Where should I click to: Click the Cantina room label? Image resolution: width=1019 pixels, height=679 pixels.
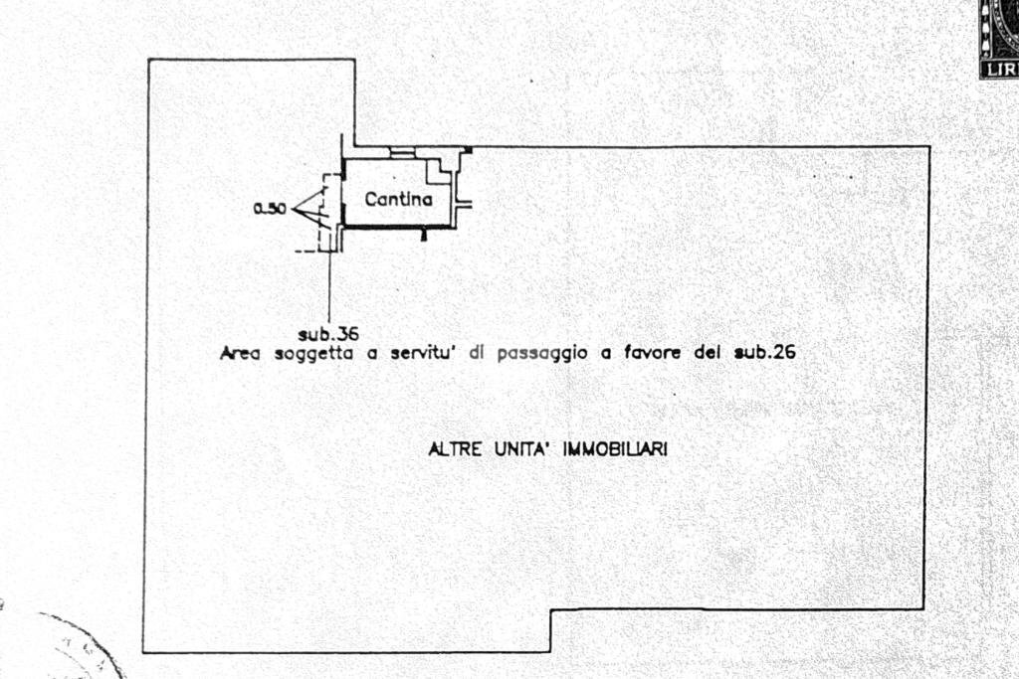(x=398, y=199)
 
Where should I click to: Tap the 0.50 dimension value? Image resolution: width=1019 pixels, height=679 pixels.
(x=270, y=209)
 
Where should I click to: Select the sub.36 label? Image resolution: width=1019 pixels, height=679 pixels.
(x=328, y=334)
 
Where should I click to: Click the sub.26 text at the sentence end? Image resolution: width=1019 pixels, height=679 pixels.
(x=765, y=353)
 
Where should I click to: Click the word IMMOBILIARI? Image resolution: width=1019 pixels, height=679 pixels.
(x=615, y=448)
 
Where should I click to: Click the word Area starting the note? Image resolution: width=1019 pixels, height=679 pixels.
(x=240, y=353)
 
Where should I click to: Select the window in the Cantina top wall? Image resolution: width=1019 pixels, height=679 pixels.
(x=402, y=152)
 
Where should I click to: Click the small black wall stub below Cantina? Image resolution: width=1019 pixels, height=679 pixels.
(x=424, y=233)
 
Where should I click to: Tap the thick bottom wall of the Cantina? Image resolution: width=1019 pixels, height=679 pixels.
(x=397, y=226)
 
